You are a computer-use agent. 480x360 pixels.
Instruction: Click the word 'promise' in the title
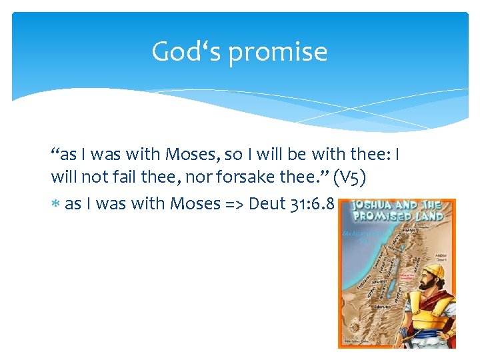click(x=278, y=52)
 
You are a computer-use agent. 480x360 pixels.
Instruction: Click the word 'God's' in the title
click(x=188, y=51)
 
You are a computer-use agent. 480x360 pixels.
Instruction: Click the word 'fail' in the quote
click(x=121, y=179)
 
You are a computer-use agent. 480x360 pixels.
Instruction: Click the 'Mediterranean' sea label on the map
click(x=360, y=234)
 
